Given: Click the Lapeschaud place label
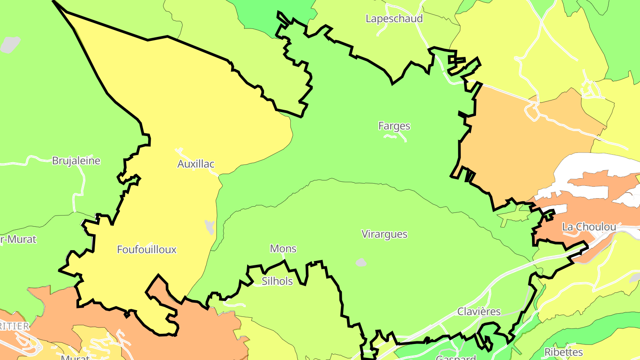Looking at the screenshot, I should coord(394,19).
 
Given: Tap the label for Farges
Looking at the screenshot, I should coord(394,126).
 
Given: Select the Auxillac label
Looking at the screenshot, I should coord(196,164).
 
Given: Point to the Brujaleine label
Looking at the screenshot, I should coord(76,160).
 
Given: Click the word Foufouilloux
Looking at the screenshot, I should coord(146,249).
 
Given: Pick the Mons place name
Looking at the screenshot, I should coord(283,248).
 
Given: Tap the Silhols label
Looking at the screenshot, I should coord(277,281).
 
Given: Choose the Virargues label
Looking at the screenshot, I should coord(384,234).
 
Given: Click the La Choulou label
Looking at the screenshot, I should coord(589,227).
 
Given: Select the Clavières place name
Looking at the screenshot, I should coord(479,312).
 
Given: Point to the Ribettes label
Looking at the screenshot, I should coord(564,352).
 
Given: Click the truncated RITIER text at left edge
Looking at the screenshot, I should coord(14,326).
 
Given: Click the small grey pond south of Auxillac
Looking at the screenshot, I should coord(209,226).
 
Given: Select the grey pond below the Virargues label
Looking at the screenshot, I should coord(361,263).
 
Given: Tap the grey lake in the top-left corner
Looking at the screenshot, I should coord(10,44).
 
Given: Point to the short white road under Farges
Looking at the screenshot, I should coord(395,137).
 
